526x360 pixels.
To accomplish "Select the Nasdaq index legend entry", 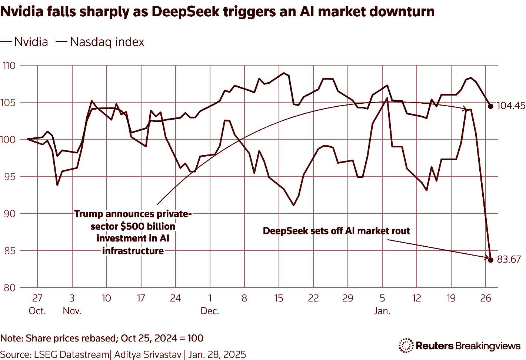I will [x=100, y=42].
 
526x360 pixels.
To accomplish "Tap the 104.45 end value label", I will [x=511, y=106].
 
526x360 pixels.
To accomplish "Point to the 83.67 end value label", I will [x=509, y=260].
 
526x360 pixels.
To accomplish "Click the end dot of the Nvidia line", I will [x=491, y=260].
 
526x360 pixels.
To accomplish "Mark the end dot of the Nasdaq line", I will [x=491, y=106].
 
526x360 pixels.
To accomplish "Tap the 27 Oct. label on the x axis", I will [x=37, y=304].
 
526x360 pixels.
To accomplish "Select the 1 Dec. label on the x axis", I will [x=210, y=304].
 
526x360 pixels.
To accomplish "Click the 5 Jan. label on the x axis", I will [x=382, y=304].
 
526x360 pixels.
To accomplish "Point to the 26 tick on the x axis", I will [x=486, y=298].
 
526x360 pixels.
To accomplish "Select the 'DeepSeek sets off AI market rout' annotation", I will [x=336, y=231].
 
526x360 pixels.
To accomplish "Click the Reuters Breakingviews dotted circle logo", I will [x=406, y=346].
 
